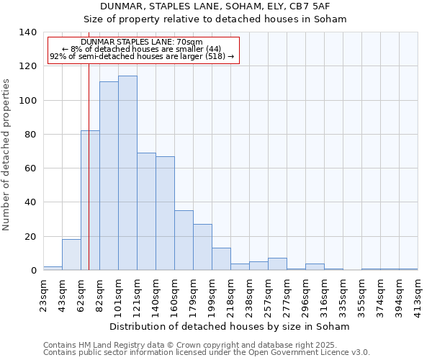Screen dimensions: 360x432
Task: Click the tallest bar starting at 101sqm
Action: coord(127,173)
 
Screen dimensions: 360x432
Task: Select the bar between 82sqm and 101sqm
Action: coord(109,176)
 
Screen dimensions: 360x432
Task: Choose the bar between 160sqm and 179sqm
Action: coord(184,240)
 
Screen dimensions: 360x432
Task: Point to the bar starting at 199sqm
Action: coord(221,258)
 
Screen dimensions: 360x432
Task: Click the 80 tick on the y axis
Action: coord(31,135)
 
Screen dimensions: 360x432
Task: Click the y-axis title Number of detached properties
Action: coord(6,151)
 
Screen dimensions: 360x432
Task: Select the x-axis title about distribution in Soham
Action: coord(230,326)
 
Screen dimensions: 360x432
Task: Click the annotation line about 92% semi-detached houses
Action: coord(142,56)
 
